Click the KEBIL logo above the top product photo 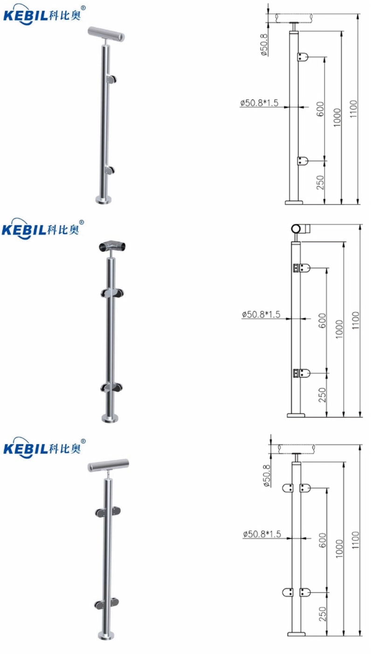[44, 14]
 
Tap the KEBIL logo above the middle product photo [43, 229]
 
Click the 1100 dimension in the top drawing [353, 108]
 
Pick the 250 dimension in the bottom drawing [322, 614]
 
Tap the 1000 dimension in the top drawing [337, 117]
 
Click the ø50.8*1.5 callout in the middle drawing [261, 315]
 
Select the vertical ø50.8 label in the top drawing [263, 45]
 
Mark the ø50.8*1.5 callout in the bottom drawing [262, 534]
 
